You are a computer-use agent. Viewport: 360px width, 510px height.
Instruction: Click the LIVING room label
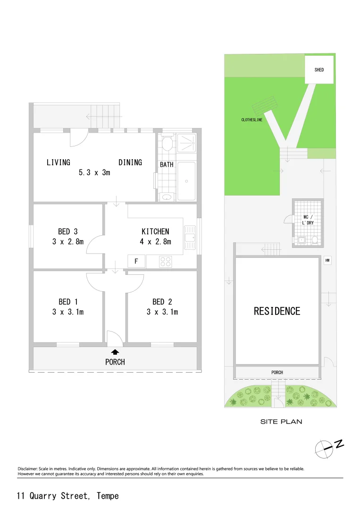tap(58, 162)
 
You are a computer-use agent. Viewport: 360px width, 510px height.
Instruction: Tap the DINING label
tap(130, 162)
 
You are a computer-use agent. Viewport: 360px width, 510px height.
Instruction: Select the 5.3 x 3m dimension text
tap(94, 173)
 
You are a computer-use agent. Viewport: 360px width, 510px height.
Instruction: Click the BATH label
tap(166, 165)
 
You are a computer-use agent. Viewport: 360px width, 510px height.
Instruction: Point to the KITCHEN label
tap(155, 231)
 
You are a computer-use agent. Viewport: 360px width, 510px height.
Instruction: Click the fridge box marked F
tap(136, 261)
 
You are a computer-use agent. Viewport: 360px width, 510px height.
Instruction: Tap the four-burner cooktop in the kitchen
tap(166, 261)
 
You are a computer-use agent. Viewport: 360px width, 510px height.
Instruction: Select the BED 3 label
tap(67, 231)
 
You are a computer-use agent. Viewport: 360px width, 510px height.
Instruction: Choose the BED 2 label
tap(162, 301)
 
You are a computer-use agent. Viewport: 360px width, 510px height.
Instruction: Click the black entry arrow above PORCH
tap(115, 351)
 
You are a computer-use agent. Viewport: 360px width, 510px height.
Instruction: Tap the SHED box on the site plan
tap(319, 69)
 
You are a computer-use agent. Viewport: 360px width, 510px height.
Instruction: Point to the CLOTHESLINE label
tap(252, 120)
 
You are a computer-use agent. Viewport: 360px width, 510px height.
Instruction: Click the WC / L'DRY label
tap(308, 220)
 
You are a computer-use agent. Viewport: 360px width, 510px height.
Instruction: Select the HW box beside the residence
tap(327, 260)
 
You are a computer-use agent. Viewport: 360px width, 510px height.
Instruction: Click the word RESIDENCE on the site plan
tap(277, 311)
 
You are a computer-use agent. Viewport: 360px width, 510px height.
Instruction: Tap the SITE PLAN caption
tap(281, 422)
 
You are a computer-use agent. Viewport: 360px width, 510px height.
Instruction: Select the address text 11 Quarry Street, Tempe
tap(68, 496)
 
